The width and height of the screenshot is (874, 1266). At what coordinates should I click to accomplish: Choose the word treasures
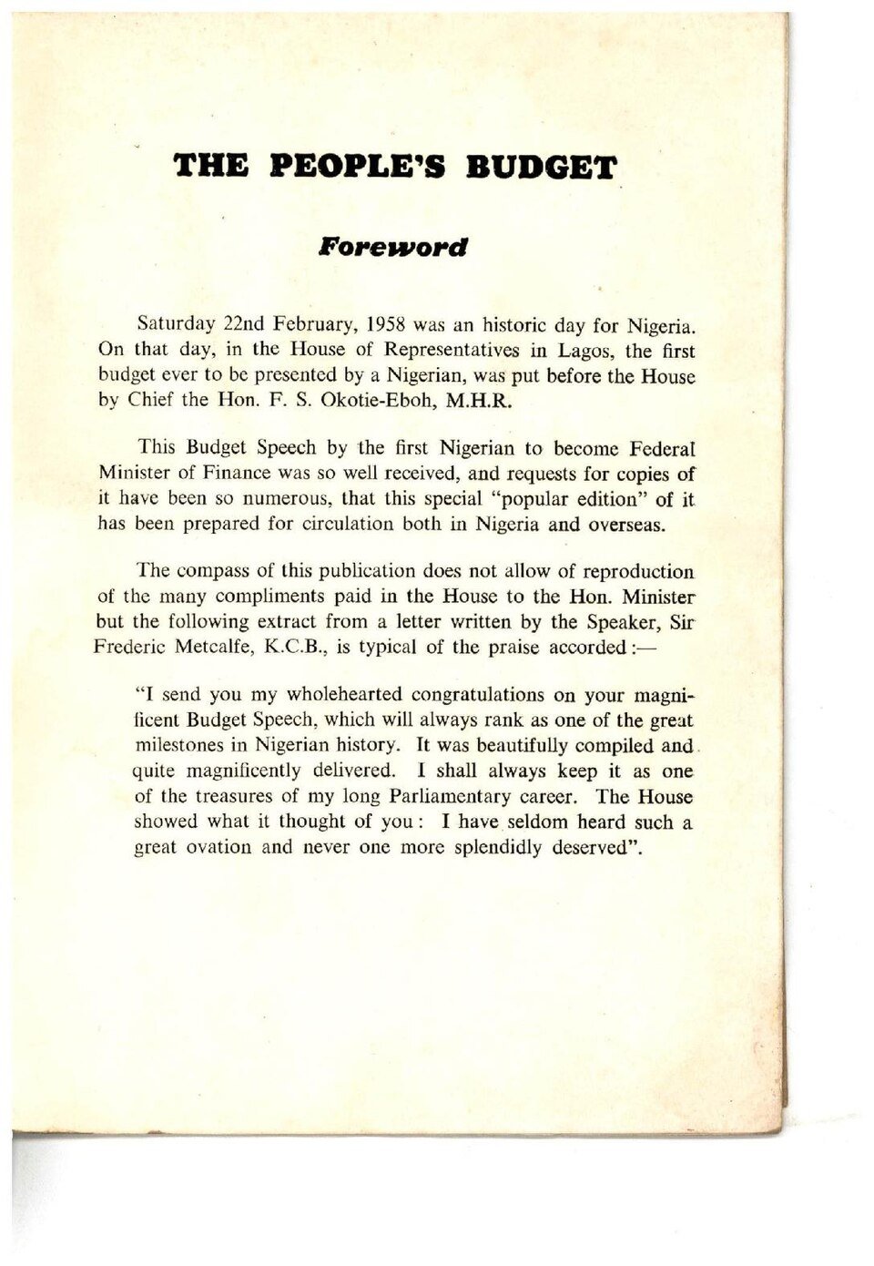tap(239, 796)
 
